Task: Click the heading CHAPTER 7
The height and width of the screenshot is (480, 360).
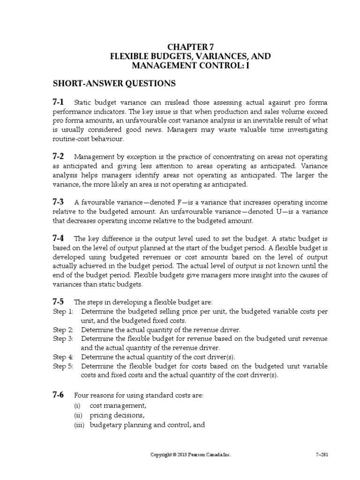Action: pos(190,47)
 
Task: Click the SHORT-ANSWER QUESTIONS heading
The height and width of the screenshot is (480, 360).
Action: pos(114,83)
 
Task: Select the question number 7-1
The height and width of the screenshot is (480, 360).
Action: pos(60,103)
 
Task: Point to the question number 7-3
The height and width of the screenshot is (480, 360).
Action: pos(60,202)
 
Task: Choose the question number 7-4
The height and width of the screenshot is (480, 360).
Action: pos(60,238)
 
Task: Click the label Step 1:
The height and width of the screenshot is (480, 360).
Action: pos(63,312)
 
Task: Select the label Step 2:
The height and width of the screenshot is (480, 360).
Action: pos(63,330)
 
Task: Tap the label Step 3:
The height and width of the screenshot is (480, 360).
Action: pos(63,339)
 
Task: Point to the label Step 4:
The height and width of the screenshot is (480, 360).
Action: pos(63,357)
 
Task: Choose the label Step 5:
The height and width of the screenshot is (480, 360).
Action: pos(63,366)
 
